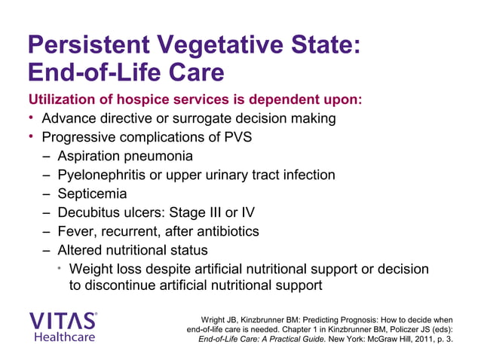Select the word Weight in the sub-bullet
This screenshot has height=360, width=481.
click(x=91, y=269)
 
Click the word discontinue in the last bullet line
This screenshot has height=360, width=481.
click(x=124, y=286)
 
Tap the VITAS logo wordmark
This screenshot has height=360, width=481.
click(x=63, y=320)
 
